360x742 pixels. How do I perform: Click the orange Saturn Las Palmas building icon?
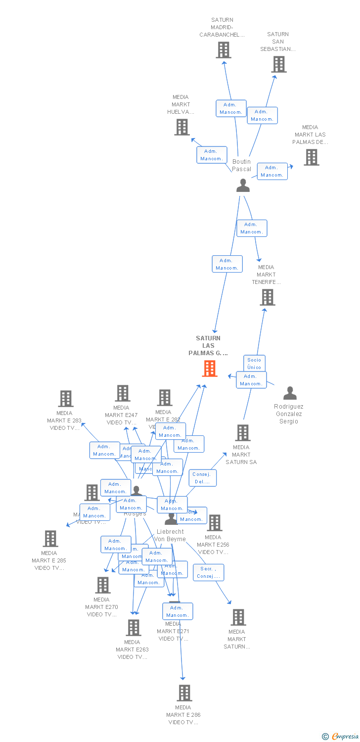pos(210,369)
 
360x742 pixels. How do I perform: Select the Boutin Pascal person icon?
pos(243,185)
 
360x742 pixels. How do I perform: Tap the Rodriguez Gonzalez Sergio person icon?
pos(290,393)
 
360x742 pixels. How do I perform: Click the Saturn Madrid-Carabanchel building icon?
pos(224,50)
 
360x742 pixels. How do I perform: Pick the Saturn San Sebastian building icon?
pos(279,64)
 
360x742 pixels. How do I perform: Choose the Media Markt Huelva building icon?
pos(182,127)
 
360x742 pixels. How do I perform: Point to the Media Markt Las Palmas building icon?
pos(312,157)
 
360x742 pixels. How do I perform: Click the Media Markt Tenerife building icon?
pos(268,297)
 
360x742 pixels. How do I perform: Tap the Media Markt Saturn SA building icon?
pos(242,433)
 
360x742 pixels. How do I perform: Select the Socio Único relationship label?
pos(254,363)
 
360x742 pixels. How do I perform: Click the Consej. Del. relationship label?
pos(202,478)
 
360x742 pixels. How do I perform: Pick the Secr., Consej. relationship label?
pos(208,572)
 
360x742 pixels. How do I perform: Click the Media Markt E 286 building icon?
pos(184,693)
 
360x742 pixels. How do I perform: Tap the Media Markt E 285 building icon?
pos(50,539)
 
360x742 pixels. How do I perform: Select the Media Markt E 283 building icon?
pos(66,399)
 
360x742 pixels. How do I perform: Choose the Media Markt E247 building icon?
pos(123,393)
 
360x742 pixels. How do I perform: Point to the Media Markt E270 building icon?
pos(103,585)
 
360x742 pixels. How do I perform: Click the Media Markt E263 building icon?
pos(134,628)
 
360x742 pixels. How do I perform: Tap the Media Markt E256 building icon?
pos(215,523)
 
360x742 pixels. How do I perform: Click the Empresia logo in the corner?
pos(341,737)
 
